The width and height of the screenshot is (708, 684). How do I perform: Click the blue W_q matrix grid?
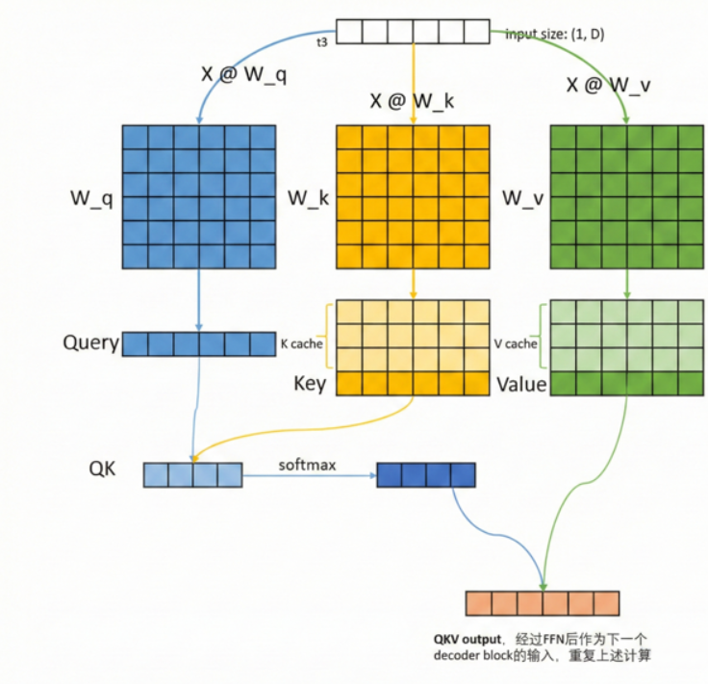(x=199, y=196)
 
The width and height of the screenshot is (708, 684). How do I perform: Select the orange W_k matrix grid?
(x=413, y=196)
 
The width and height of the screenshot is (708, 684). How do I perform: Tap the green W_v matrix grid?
(x=626, y=196)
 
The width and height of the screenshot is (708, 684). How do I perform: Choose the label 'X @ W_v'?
(x=608, y=85)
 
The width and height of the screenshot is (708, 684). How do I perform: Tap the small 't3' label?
(x=323, y=42)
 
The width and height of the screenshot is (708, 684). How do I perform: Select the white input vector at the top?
(x=413, y=32)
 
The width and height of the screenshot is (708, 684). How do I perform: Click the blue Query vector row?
(x=199, y=343)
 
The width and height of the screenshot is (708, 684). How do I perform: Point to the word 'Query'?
(x=90, y=343)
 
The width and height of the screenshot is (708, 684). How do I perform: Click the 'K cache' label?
(x=301, y=343)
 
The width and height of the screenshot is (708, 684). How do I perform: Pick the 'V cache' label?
(x=516, y=343)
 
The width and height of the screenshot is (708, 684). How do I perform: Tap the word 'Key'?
(x=310, y=385)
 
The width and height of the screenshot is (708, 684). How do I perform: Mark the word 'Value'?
(x=521, y=385)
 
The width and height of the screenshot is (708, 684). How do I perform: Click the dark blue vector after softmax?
(x=426, y=474)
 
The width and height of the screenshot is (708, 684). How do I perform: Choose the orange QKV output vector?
(x=543, y=603)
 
